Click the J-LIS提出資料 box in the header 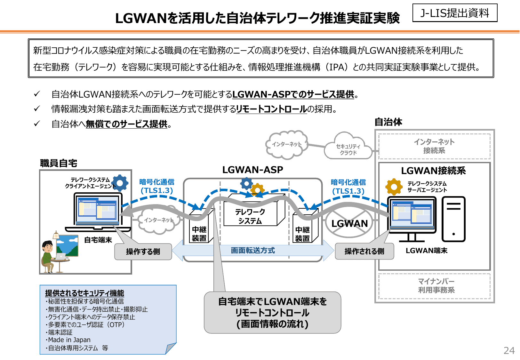click(x=455, y=13)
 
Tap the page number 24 click(x=509, y=350)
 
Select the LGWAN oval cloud click(x=349, y=223)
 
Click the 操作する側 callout click(x=143, y=252)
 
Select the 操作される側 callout click(x=364, y=251)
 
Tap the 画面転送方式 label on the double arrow click(x=253, y=251)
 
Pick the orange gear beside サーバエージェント click(x=394, y=187)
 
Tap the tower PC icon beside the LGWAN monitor click(x=453, y=219)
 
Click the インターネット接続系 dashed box click(x=434, y=146)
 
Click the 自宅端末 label click(x=98, y=240)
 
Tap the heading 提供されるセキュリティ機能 click(x=84, y=293)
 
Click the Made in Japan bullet click(x=69, y=340)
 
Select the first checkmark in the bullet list click(x=37, y=94)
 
